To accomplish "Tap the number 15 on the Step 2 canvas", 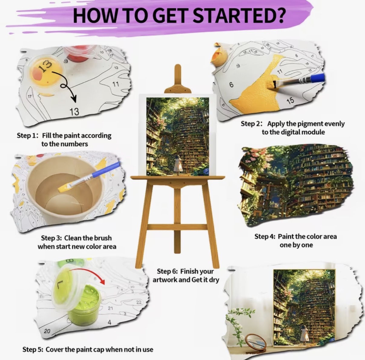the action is point(290,101).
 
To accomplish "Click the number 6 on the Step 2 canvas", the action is point(231,85).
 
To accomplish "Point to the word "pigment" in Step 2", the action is point(310,124).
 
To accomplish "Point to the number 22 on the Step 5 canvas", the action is point(139,302).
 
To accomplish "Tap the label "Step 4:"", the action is point(265,237).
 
